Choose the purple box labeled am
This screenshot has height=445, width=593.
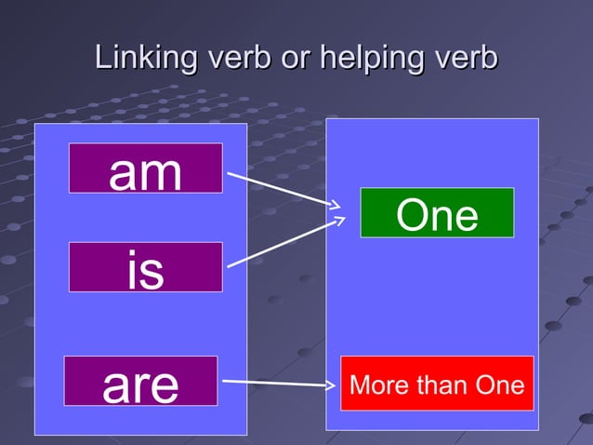coord(145,169)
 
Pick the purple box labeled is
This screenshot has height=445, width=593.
coord(145,267)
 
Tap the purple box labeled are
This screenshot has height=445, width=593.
coord(140,381)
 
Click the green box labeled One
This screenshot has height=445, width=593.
coord(437,213)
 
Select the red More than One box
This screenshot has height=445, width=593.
coord(437,383)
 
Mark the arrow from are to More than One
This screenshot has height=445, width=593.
coord(277,382)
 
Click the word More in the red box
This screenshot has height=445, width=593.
coord(374,384)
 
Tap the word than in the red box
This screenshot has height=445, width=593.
coord(436,384)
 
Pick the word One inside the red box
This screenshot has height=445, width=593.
coord(499,384)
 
